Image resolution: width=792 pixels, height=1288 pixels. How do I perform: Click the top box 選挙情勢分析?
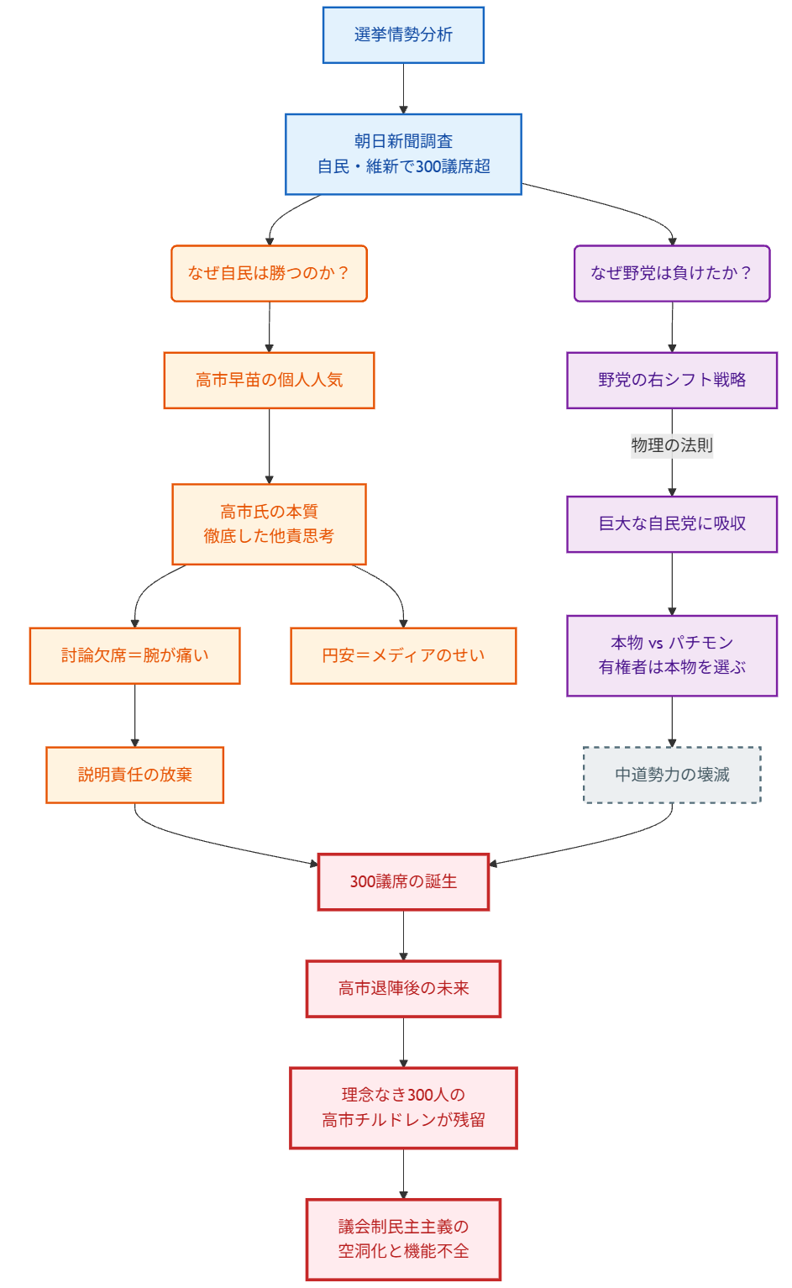(x=403, y=34)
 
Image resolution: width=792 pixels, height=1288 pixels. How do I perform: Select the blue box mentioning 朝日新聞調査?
(x=403, y=154)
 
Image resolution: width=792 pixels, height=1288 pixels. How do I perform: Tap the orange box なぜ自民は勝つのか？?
(x=269, y=273)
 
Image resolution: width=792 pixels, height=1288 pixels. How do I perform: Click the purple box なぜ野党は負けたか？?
(x=672, y=273)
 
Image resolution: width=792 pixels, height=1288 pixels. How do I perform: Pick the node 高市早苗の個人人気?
(x=269, y=380)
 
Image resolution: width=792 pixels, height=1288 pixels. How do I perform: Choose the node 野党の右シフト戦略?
(x=672, y=380)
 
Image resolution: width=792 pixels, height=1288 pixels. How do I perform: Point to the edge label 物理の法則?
(x=672, y=445)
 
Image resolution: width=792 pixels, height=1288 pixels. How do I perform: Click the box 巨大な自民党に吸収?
(x=672, y=523)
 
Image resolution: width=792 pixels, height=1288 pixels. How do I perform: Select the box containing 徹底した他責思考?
(x=269, y=523)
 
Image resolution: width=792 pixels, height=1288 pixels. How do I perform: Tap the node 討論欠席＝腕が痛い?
(x=134, y=655)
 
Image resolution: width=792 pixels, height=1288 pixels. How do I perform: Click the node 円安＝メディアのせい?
(x=403, y=655)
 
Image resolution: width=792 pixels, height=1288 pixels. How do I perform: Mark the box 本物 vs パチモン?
(x=672, y=655)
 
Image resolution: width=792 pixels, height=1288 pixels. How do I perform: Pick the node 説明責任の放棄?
(x=134, y=775)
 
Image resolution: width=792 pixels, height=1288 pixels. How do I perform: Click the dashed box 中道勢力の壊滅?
(x=672, y=775)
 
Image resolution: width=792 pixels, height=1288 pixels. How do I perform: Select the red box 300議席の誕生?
(x=403, y=881)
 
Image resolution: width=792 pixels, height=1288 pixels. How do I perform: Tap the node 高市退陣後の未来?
(x=403, y=988)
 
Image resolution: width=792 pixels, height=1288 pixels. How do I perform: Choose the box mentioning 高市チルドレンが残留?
(x=403, y=1107)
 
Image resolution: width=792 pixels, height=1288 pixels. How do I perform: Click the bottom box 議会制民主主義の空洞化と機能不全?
(x=403, y=1239)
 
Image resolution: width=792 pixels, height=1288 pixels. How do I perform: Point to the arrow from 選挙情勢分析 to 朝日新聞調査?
(x=403, y=88)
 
